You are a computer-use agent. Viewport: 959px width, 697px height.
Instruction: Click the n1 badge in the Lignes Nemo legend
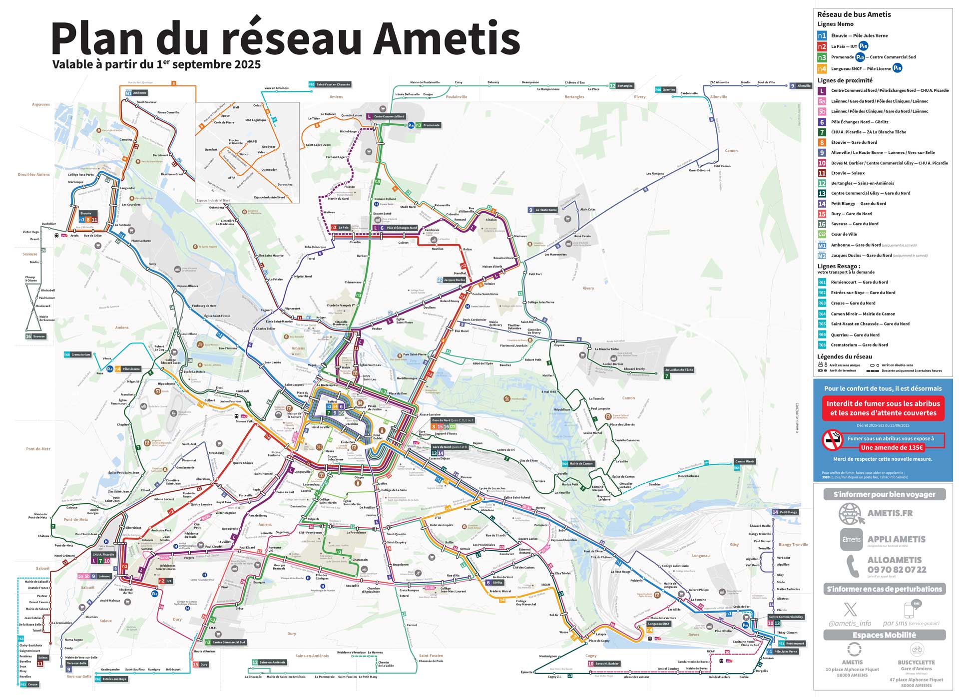click(822, 35)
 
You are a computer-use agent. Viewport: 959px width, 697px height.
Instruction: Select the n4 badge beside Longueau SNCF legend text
click(822, 68)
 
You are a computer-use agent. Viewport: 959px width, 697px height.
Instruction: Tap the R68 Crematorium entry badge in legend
click(822, 345)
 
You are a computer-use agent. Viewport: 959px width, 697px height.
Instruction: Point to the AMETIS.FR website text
click(890, 513)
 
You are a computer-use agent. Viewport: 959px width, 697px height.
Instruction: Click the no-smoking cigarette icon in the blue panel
click(832, 440)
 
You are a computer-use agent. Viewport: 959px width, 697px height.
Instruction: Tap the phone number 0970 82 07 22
click(897, 570)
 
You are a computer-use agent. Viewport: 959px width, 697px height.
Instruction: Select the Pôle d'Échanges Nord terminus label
click(401, 228)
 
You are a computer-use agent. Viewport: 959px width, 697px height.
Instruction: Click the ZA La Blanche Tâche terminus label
click(679, 370)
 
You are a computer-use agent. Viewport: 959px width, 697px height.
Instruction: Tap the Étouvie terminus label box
click(86, 213)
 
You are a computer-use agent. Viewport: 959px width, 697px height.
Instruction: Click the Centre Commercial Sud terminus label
click(229, 642)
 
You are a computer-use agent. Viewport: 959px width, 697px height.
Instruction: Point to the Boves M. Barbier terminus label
click(606, 664)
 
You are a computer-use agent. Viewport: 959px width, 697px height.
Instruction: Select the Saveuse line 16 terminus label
click(39, 337)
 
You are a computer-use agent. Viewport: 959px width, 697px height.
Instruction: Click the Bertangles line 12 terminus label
click(624, 86)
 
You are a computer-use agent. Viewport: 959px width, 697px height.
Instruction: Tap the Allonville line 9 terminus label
click(804, 86)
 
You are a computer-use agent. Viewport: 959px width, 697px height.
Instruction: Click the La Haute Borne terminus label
click(546, 210)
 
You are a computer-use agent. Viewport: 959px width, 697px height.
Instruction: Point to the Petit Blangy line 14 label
click(788, 512)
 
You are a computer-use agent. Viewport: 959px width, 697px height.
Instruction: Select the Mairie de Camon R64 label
click(580, 463)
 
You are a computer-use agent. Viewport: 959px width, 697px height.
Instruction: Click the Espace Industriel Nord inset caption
click(213, 200)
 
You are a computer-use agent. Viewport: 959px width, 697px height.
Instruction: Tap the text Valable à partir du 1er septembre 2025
click(156, 64)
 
